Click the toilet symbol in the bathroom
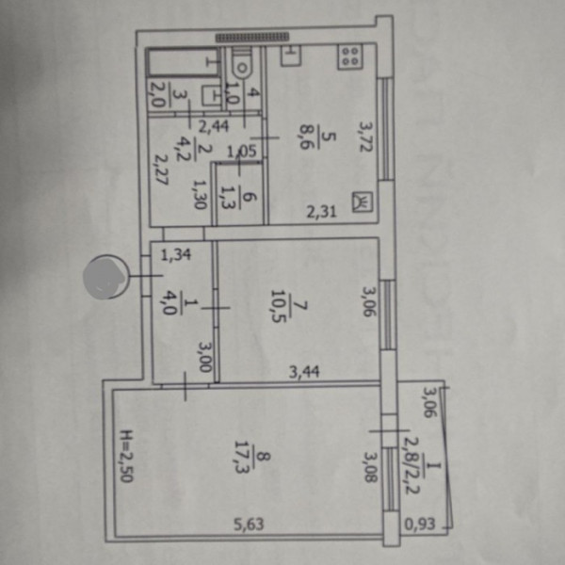(242, 63)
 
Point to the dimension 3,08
(369, 466)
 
